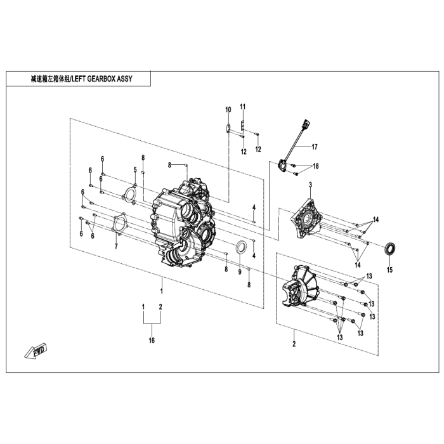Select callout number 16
point(152,341)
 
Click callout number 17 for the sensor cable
point(313,147)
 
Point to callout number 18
point(316,166)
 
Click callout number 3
point(310,185)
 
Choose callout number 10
point(228,110)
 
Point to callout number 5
point(135,169)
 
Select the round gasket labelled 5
point(131,192)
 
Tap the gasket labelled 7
point(118,226)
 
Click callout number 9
point(239,271)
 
